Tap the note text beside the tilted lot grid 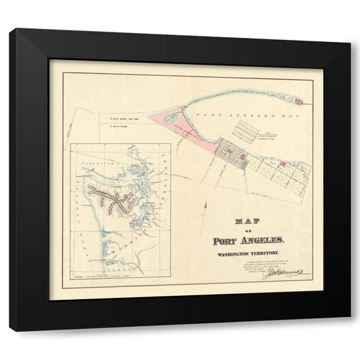[272, 135]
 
